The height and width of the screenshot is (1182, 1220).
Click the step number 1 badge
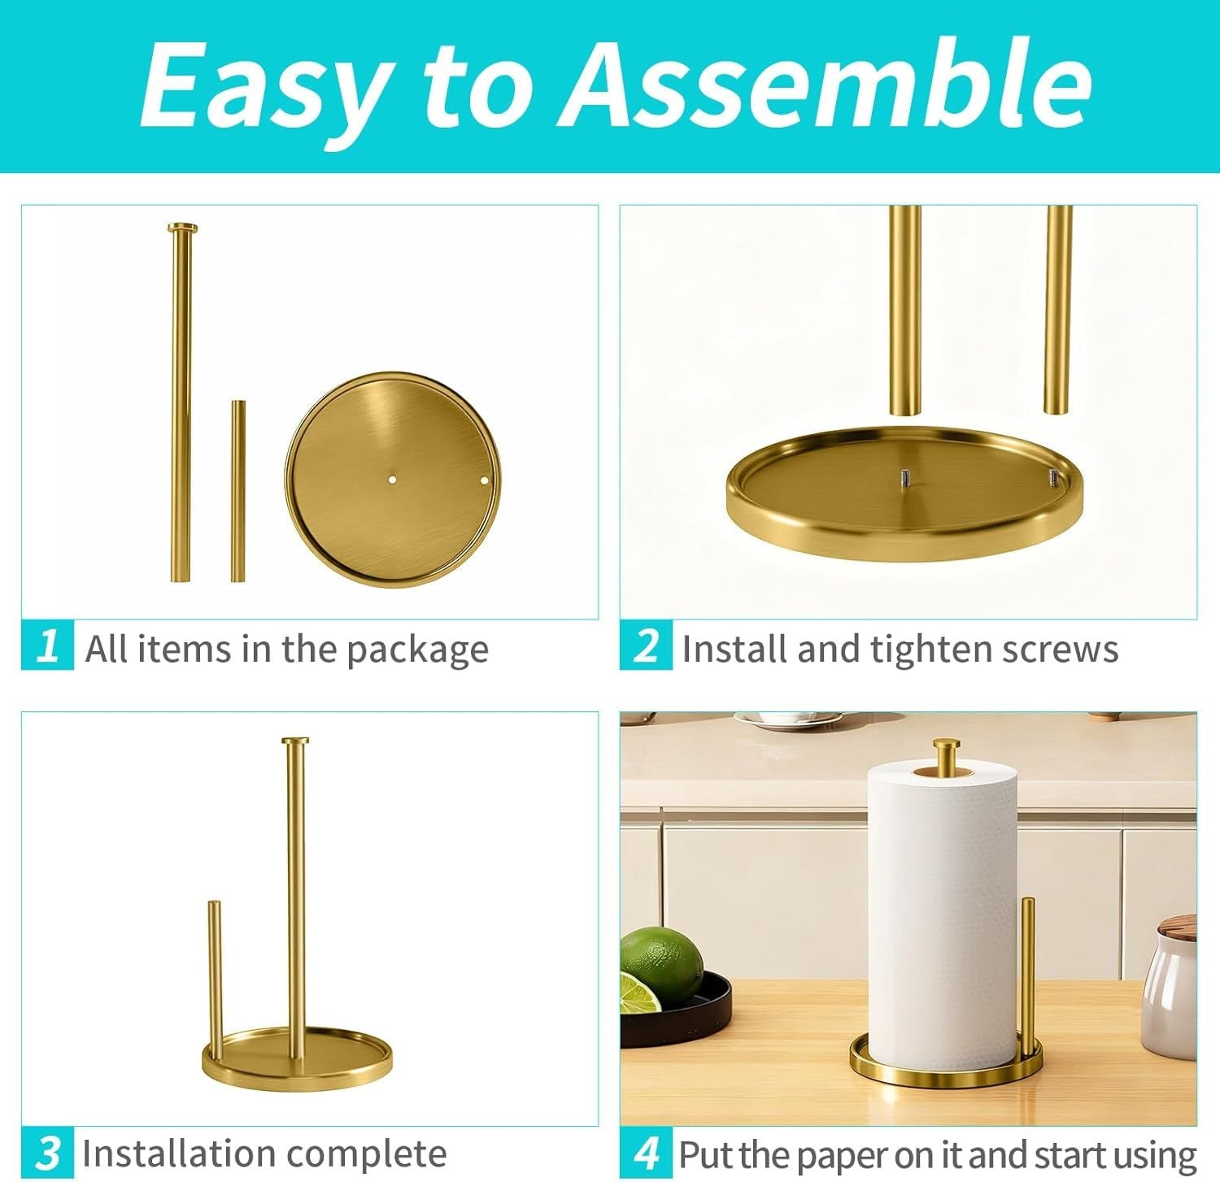click(x=47, y=645)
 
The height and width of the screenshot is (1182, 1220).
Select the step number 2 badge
click(x=646, y=645)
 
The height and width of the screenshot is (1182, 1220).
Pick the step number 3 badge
click(x=47, y=1152)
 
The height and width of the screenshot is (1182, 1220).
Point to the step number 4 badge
click(x=646, y=1152)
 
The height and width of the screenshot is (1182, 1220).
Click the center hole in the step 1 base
click(x=391, y=480)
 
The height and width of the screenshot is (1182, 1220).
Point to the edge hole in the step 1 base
click(x=485, y=480)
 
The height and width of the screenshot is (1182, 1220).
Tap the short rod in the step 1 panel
click(x=237, y=490)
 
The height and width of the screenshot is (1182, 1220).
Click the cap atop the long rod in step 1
click(x=182, y=227)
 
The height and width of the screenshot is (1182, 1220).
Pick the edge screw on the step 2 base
click(x=1052, y=477)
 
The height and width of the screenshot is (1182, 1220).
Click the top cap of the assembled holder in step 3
click(x=295, y=741)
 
